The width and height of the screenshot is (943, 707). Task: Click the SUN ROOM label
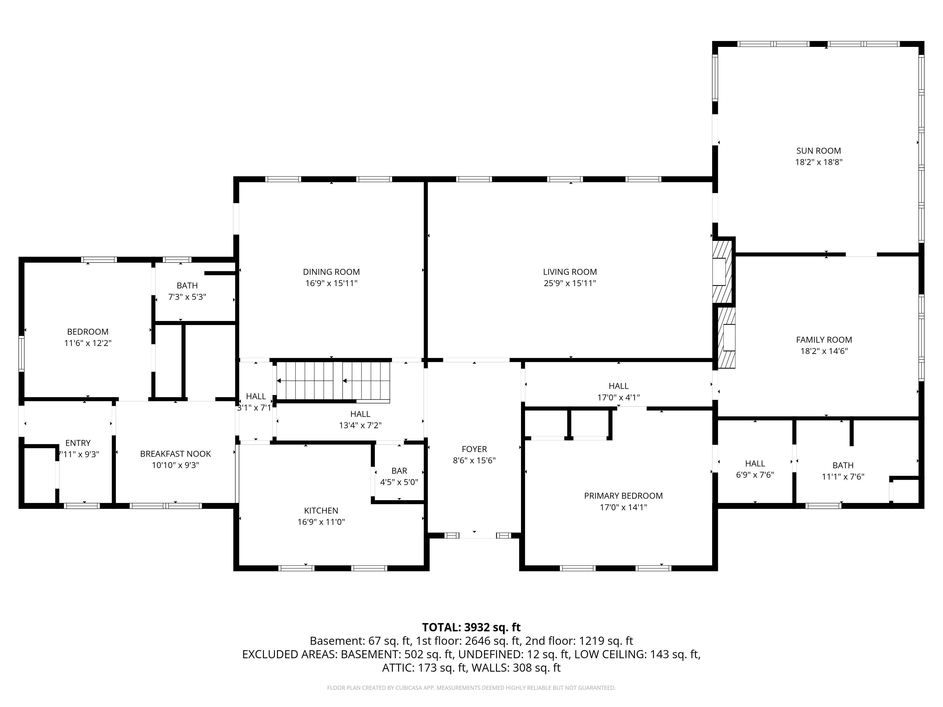(x=819, y=151)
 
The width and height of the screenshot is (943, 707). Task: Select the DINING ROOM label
(x=331, y=272)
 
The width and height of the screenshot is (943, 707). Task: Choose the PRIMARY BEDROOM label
(x=623, y=496)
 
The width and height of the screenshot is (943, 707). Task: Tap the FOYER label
(x=474, y=449)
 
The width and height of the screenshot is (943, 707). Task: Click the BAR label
(x=399, y=471)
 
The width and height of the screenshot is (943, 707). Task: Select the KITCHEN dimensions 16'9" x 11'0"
(x=321, y=522)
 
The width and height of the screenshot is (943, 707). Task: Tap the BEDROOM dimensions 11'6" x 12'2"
(x=88, y=343)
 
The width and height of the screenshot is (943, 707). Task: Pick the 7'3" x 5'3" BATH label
(x=187, y=286)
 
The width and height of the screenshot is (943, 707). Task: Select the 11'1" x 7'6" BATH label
(x=843, y=465)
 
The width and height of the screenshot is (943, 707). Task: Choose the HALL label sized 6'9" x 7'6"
(x=755, y=463)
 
